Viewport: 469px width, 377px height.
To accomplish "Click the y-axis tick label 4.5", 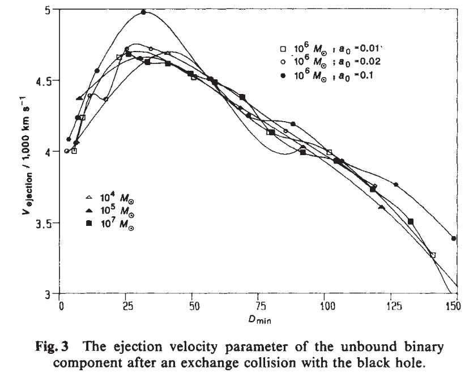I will click(44, 80).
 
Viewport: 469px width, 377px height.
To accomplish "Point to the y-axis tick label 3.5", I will click(44, 223).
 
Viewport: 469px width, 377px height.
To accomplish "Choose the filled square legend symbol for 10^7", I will click(88, 226).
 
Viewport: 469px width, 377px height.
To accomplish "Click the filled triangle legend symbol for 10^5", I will click(88, 212).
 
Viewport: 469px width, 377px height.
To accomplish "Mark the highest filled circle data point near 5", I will click(143, 12).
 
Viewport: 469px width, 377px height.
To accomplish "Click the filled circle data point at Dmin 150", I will click(454, 238).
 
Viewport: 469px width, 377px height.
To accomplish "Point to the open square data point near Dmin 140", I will click(433, 255).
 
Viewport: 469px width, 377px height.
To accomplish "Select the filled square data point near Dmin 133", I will click(411, 221).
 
